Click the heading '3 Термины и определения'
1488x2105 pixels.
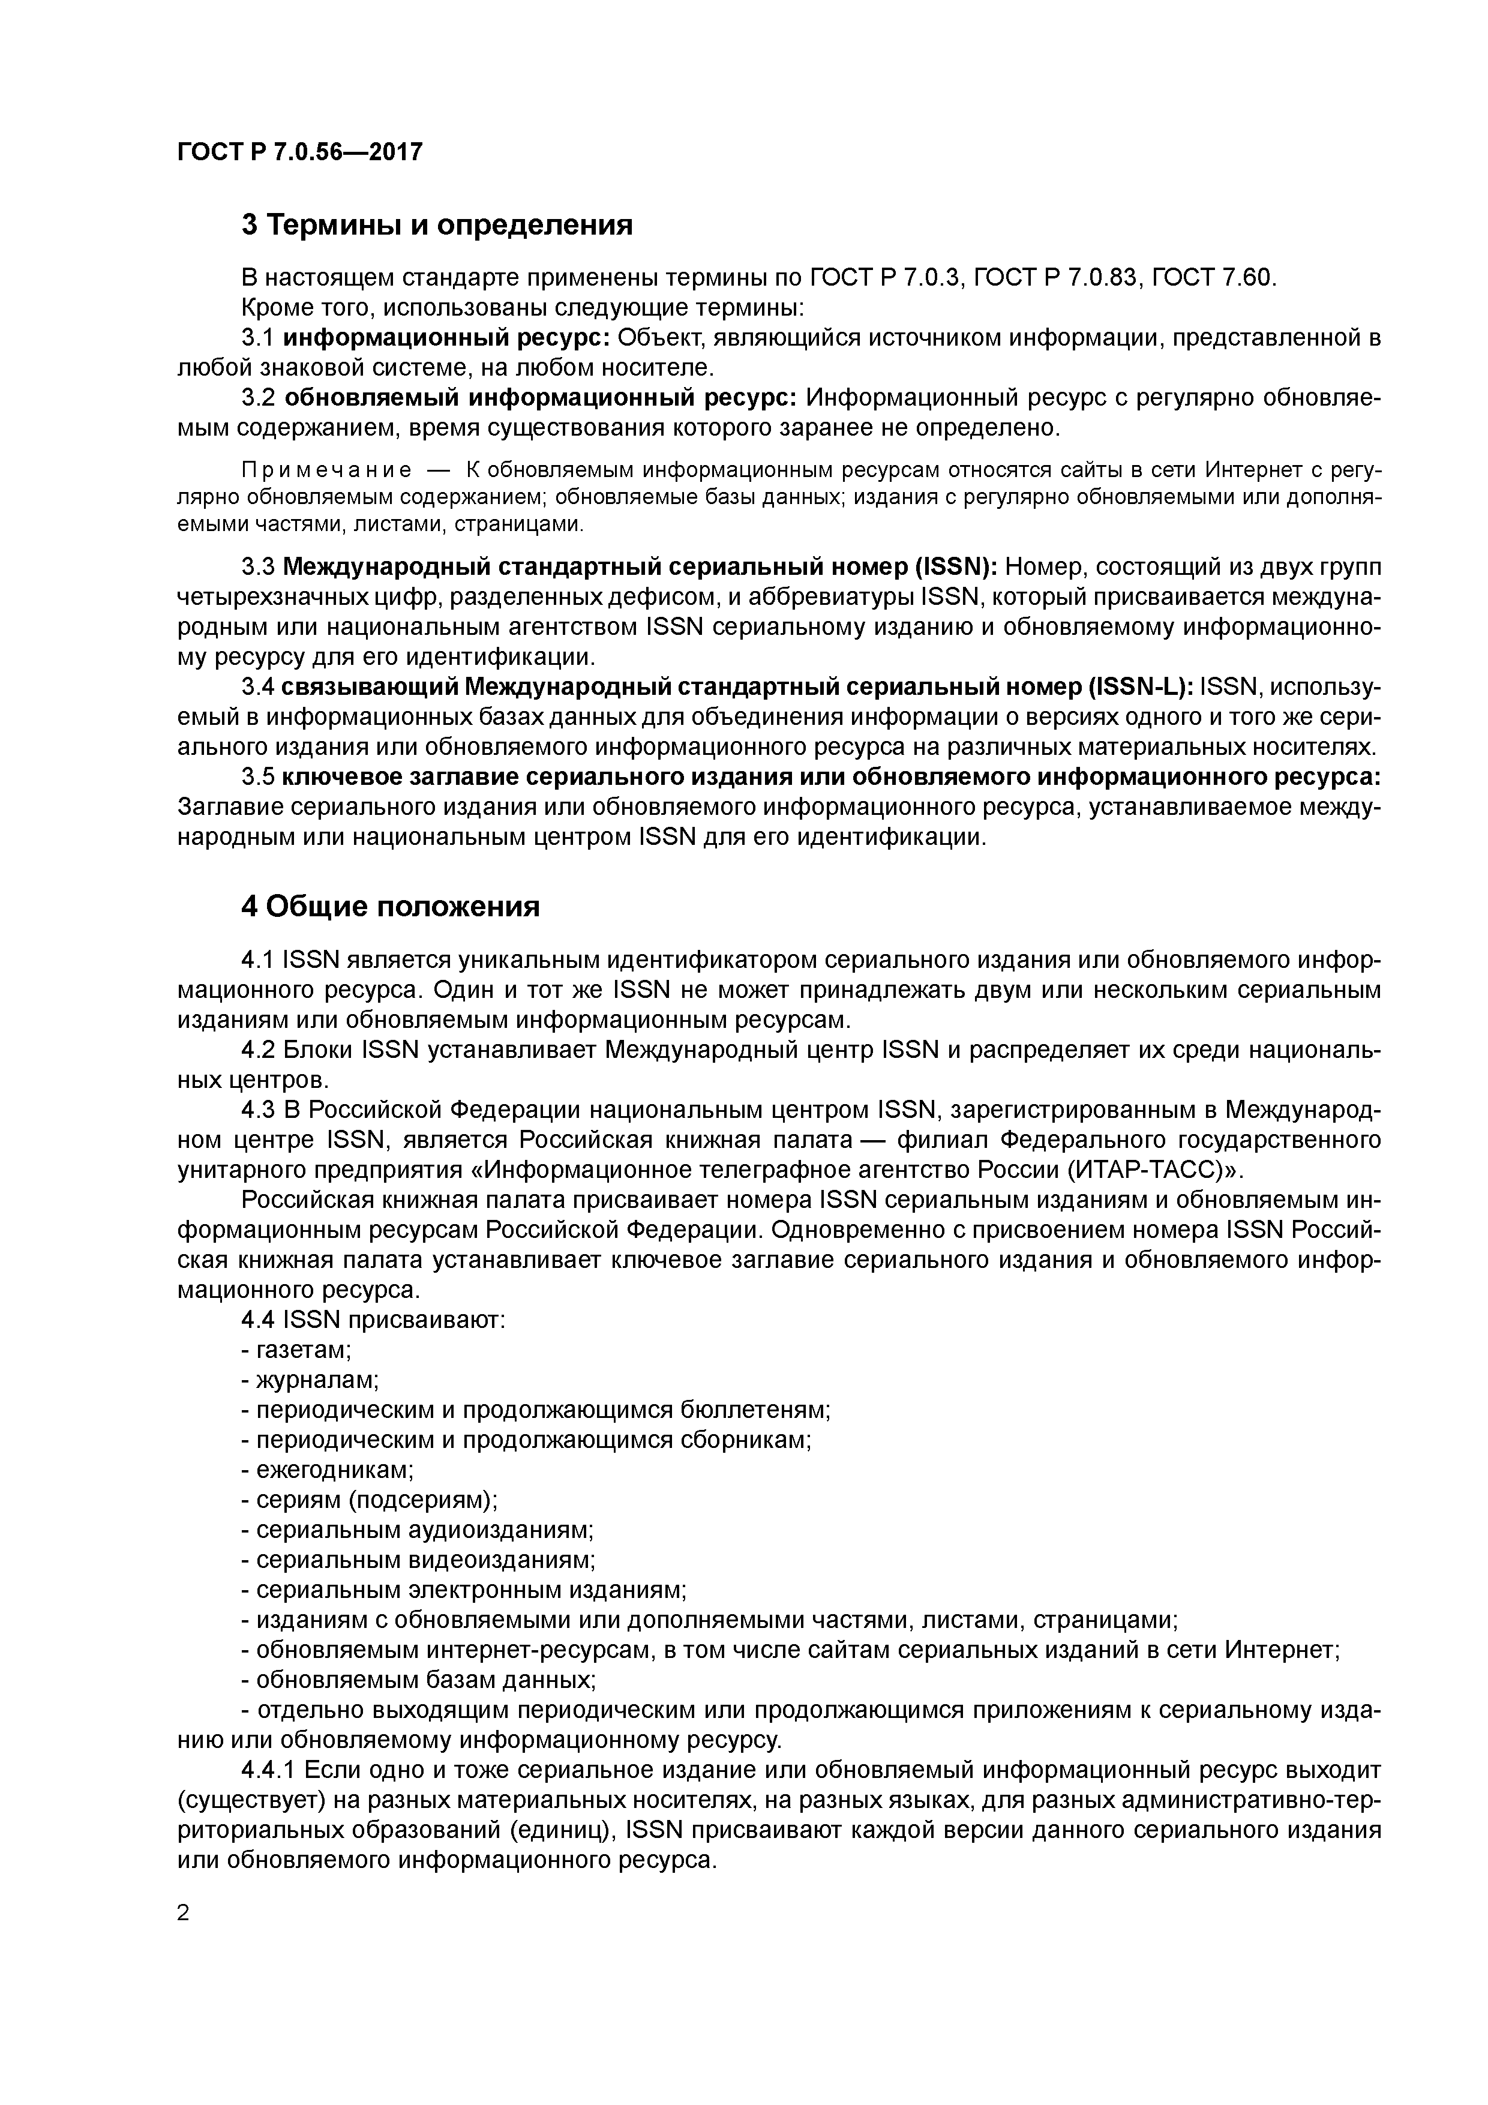(436, 224)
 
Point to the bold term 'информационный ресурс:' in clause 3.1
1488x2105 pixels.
(446, 338)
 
